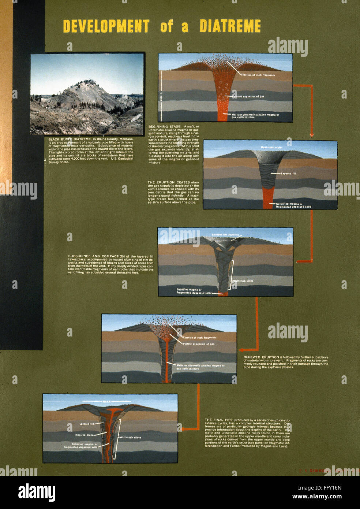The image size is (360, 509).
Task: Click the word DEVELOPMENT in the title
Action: (106, 26)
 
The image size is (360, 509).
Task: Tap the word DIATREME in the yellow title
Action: (230, 26)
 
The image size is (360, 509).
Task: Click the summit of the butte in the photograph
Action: (87, 81)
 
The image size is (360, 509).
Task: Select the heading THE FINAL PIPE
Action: (219, 420)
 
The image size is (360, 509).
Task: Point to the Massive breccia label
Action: (85, 435)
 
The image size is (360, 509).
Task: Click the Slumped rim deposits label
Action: (225, 235)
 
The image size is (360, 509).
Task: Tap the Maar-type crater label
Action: (271, 148)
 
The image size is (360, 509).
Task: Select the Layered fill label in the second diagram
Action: (288, 174)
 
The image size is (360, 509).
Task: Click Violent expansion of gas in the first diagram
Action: (248, 97)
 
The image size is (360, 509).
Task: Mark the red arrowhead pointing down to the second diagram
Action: (311, 134)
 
